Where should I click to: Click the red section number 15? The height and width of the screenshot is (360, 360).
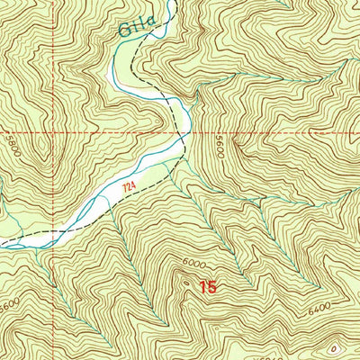208,287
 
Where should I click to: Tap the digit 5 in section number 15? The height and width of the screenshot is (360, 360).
212,287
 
